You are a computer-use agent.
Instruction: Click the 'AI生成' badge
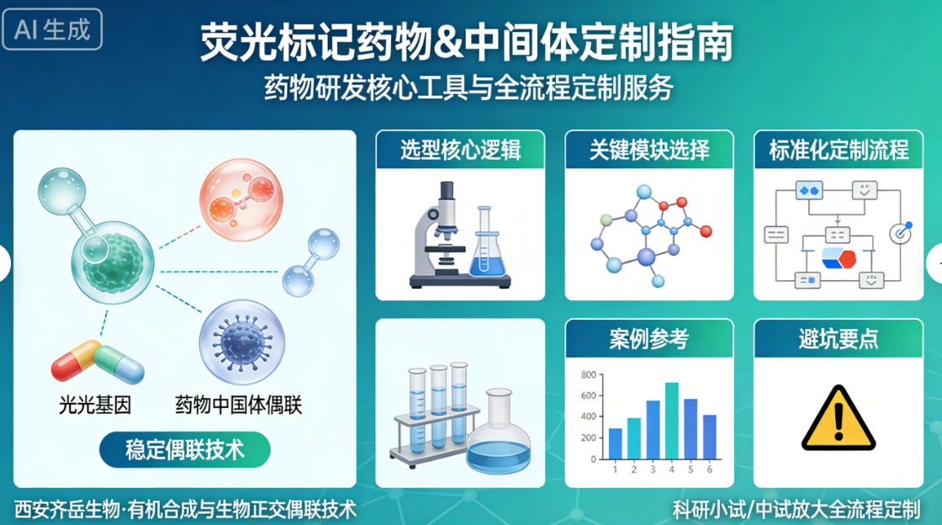coord(52,29)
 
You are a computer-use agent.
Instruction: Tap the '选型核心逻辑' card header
coord(460,150)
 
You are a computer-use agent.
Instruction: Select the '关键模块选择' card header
coord(649,150)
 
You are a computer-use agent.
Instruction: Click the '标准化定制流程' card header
coord(839,150)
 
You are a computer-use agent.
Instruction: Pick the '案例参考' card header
coord(649,338)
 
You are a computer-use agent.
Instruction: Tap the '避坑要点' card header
coord(839,338)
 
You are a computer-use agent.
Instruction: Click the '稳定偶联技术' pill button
coord(185,449)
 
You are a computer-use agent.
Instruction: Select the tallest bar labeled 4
coord(671,420)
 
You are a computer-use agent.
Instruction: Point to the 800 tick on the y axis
coord(588,376)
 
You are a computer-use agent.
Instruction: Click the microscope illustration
coord(437,236)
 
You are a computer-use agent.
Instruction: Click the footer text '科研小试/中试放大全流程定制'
coord(796,508)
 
